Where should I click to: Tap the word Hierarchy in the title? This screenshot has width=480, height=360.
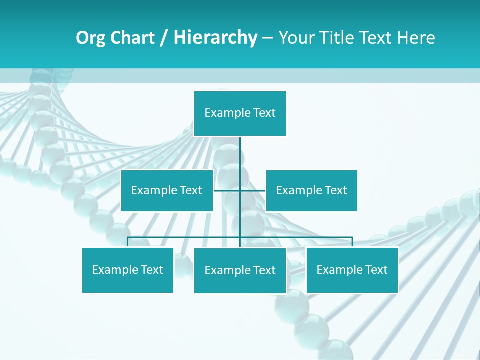[215, 38]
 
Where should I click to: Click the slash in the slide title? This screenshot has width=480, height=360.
[164, 38]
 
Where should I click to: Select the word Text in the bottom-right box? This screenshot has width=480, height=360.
[376, 270]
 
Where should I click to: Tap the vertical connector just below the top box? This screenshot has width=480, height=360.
[240, 150]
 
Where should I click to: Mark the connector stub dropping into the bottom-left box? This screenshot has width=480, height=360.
[128, 242]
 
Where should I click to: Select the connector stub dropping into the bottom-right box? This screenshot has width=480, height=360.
[352, 242]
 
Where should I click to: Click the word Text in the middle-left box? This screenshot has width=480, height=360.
[191, 191]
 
